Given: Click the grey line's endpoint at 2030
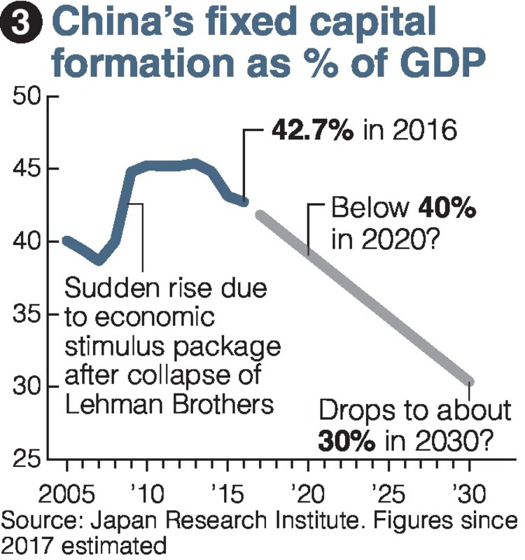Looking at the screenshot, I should (x=470, y=381).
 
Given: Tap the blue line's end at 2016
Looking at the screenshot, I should (x=244, y=202).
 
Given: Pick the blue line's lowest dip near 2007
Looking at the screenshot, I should (x=99, y=261).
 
